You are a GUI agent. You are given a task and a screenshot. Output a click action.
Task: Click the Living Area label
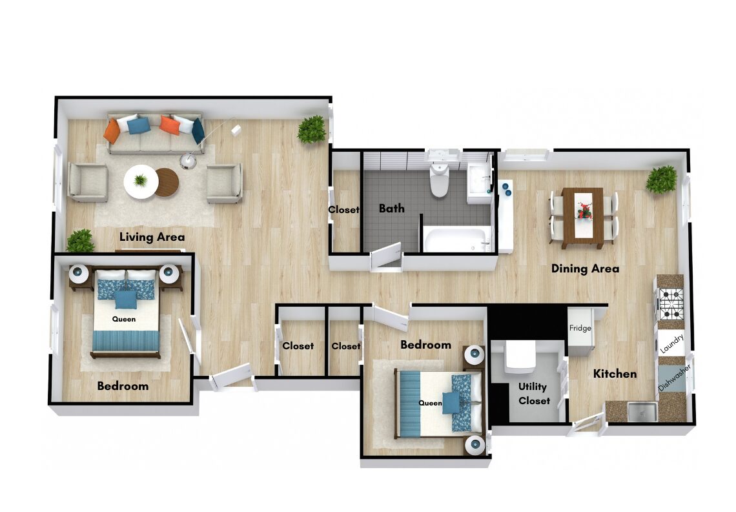[152, 237]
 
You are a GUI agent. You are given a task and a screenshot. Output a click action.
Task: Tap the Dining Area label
[585, 269]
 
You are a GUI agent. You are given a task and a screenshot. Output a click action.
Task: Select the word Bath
[391, 208]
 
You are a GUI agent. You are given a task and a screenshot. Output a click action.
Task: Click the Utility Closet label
[534, 394]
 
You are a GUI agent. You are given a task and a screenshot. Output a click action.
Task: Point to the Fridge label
[580, 328]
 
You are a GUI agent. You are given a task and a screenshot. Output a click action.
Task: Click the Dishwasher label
[675, 378]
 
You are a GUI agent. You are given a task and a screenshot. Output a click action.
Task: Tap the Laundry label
[671, 344]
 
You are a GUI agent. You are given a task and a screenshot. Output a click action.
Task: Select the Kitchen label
[615, 374]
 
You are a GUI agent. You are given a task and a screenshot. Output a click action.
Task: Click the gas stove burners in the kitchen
[671, 304]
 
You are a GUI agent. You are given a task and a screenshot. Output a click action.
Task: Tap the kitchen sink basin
[642, 411]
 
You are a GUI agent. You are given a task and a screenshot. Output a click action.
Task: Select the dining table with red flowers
[582, 218]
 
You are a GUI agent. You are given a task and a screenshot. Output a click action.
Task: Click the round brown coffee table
[167, 182]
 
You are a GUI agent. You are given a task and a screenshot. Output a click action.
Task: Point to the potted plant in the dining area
[661, 179]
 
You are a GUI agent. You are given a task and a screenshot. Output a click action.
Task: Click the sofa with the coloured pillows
[156, 133]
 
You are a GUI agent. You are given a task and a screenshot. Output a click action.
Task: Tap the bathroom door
[387, 256]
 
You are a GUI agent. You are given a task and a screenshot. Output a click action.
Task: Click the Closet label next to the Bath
[343, 210]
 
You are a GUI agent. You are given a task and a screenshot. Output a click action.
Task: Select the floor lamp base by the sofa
[188, 161]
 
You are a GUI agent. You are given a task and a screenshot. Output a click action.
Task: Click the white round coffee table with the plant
[140, 181]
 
